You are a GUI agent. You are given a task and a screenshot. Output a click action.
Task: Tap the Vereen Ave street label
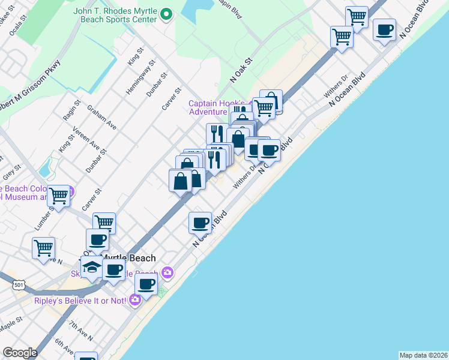[x=86, y=138]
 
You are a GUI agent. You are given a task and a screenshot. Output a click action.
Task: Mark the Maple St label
[x=11, y=329]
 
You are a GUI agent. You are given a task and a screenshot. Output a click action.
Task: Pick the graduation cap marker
[x=91, y=266]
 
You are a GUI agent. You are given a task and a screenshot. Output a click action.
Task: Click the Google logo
[x=19, y=353]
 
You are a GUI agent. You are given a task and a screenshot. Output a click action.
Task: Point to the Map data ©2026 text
[x=423, y=355]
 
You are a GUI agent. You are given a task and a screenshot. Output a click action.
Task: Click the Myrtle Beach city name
[x=129, y=258]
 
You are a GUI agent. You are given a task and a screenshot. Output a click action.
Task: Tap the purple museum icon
[x=70, y=192]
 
